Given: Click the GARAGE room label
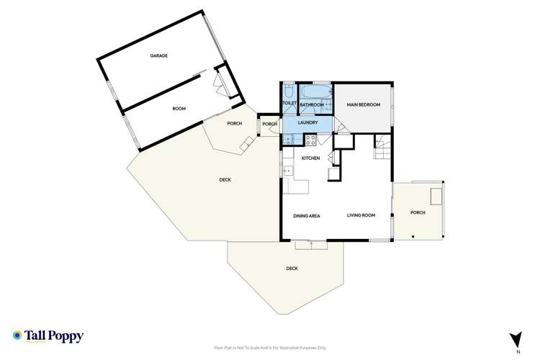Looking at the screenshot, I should tap(158, 55).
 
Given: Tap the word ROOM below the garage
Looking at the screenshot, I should tap(179, 108).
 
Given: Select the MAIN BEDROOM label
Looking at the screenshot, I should tap(364, 105).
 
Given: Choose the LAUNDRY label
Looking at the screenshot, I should tap(308, 123).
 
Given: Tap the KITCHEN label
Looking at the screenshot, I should tap(310, 158).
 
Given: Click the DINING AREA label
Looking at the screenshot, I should tap(307, 215).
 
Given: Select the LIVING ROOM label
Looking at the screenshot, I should tap(361, 215).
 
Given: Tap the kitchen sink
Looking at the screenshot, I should tap(286, 171).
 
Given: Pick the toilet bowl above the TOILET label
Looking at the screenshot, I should tap(289, 92).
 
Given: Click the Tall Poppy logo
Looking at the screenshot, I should tap(48, 336).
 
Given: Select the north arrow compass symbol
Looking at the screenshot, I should tap(515, 338).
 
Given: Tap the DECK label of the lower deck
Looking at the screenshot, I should tap(292, 269).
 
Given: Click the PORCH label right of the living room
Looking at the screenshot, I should tap(418, 212).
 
